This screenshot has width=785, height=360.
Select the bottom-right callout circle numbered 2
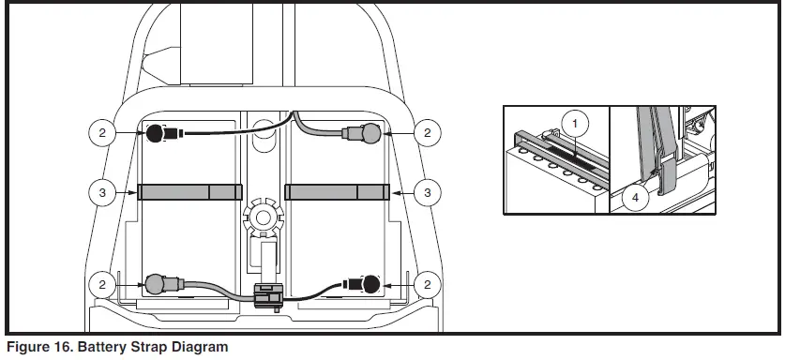[x=428, y=282]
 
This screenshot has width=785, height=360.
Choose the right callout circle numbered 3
[x=428, y=192]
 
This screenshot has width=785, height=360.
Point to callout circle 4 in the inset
[x=635, y=197]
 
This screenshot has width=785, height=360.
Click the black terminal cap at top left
[x=154, y=133]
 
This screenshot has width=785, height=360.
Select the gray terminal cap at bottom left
[x=155, y=282]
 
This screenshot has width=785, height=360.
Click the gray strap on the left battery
[x=189, y=192]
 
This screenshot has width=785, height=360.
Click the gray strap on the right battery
[x=337, y=192]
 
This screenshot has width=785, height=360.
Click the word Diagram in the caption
[x=194, y=348]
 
